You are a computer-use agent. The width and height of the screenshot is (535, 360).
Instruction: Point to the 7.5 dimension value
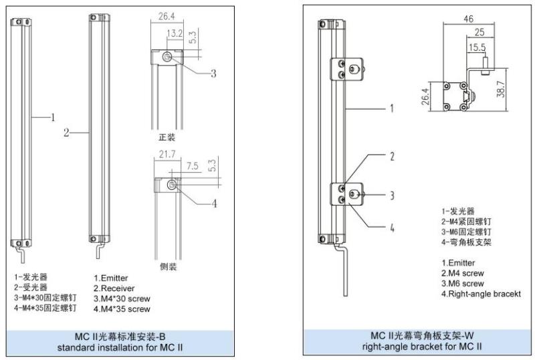[x=174, y=165]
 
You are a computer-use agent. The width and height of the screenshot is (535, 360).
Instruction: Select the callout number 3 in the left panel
[x=213, y=74]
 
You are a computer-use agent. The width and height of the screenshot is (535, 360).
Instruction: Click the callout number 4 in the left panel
[x=214, y=204]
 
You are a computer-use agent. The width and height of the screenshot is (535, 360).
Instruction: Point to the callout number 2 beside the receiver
[x=66, y=133]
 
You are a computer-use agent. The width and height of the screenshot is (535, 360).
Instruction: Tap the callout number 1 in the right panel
[x=391, y=107]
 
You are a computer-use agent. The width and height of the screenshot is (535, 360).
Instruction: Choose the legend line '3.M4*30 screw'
[x=122, y=298]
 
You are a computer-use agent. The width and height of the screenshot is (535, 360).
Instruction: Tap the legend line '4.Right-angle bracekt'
[x=481, y=294]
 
